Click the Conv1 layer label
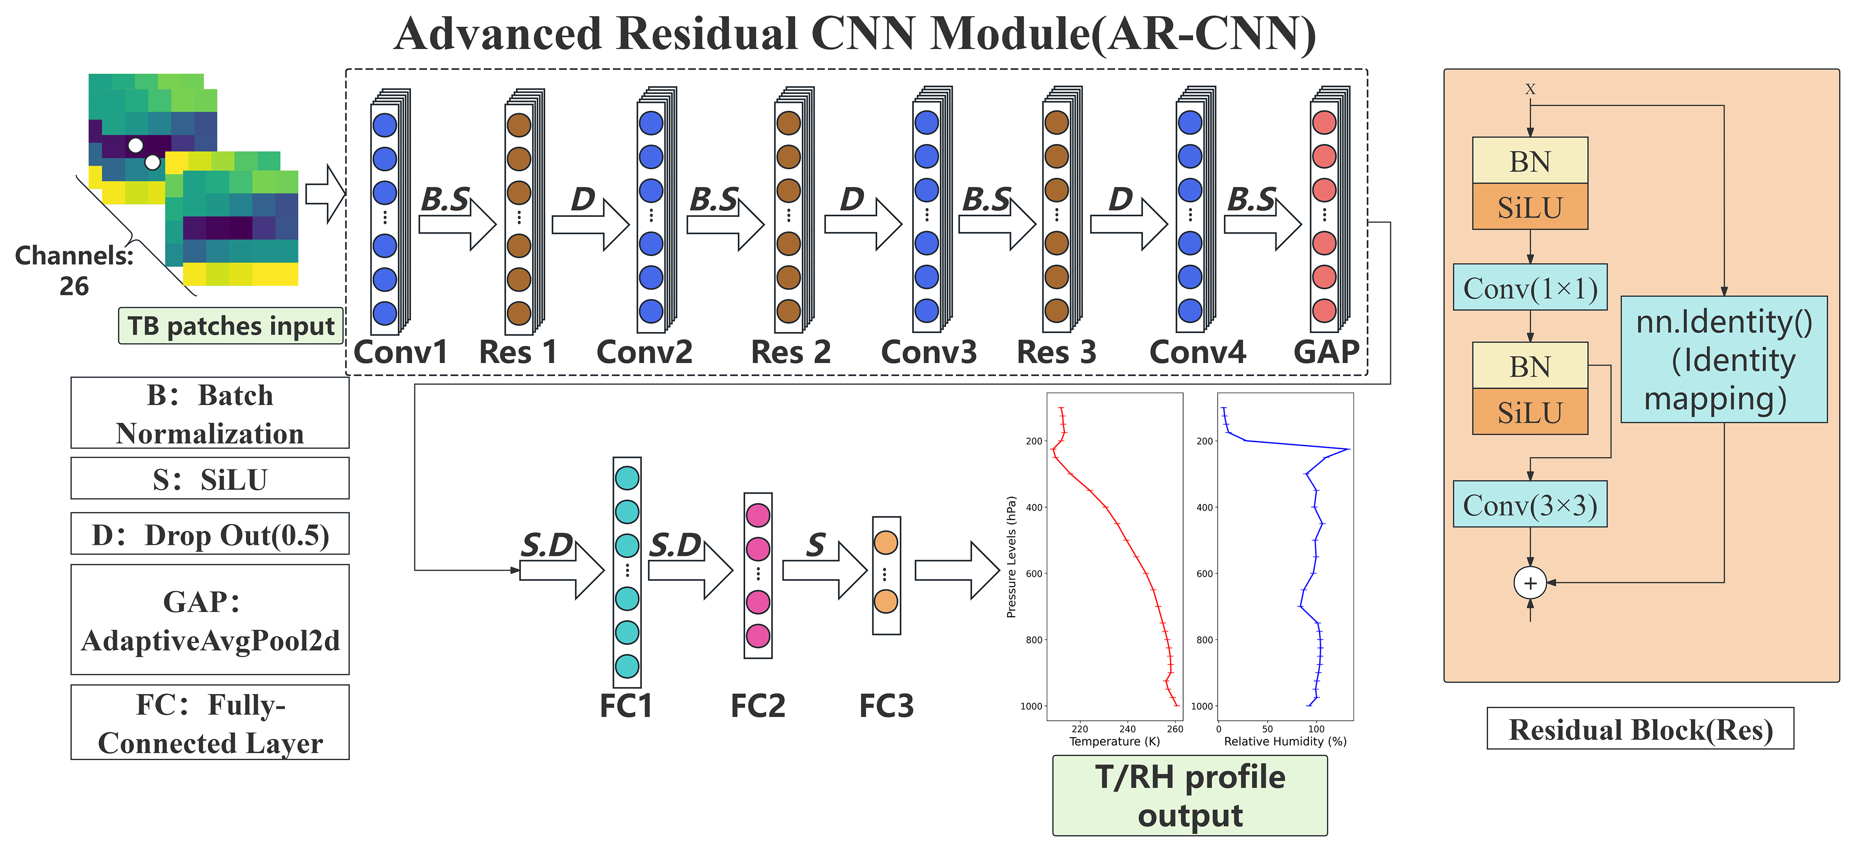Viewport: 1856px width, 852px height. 400,352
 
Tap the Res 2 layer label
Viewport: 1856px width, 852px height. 790,352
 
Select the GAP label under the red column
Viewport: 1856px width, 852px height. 1326,352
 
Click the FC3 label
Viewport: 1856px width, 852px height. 886,706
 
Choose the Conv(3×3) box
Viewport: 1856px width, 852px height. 1530,504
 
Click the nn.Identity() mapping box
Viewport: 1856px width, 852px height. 1724,360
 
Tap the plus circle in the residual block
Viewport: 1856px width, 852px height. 1530,583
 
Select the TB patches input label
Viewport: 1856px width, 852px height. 230,326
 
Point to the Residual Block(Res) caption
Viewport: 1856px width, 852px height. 1640,730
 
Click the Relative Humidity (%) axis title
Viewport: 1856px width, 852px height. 1285,741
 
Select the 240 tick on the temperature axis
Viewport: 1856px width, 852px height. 1128,729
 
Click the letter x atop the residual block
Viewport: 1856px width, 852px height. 1530,89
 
